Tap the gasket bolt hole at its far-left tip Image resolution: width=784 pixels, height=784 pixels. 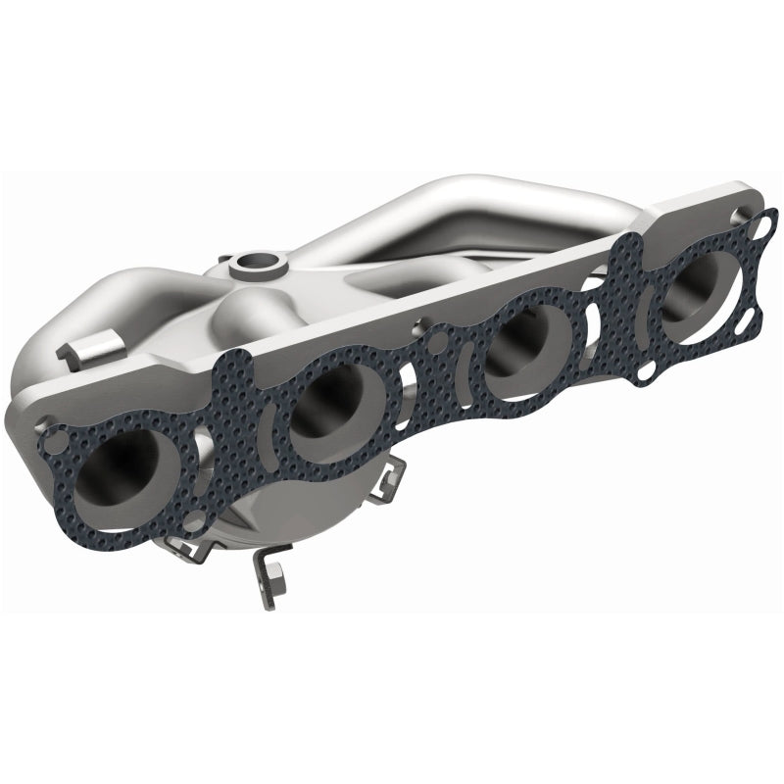pos(55,443)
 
